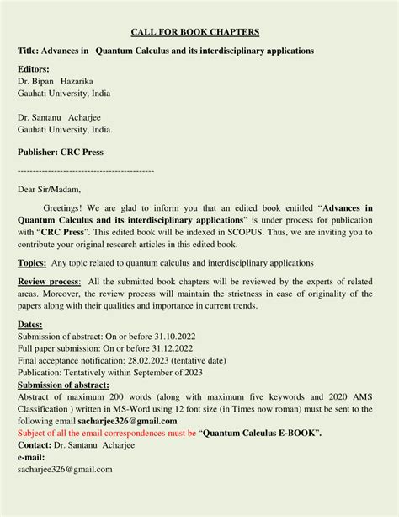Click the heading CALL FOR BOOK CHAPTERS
tap(195, 32)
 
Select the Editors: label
tap(34, 68)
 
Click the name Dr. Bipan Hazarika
tap(60, 81)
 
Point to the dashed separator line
tap(86, 170)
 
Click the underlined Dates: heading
tap(30, 324)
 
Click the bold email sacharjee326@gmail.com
tap(127, 421)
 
